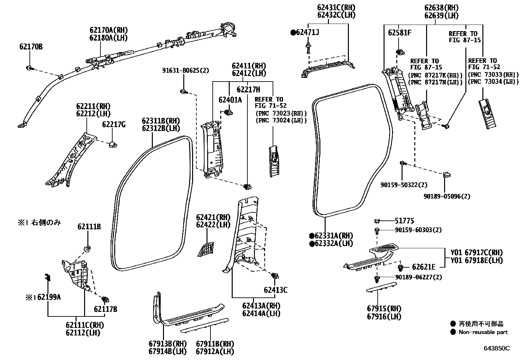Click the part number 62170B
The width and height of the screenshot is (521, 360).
click(31, 47)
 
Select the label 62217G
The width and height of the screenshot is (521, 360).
click(114, 124)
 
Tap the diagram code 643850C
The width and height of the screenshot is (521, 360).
click(496, 348)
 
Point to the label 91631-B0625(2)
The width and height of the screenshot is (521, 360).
click(185, 70)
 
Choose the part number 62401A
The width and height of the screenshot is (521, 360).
click(230, 100)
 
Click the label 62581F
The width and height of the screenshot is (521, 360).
click(400, 33)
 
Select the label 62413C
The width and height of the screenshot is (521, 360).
click(276, 290)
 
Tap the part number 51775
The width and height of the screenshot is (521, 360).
click(404, 221)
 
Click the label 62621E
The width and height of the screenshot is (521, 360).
click(423, 267)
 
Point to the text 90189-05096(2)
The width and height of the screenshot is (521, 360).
click(446, 196)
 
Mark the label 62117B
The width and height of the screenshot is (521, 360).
click(105, 309)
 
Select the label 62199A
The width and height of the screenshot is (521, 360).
click(49, 297)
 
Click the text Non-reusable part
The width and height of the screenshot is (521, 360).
click(483, 332)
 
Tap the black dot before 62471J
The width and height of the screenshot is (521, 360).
click(293, 32)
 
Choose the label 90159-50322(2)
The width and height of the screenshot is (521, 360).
click(404, 185)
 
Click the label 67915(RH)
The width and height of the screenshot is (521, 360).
click(384, 309)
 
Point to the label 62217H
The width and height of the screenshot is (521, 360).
click(248, 89)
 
